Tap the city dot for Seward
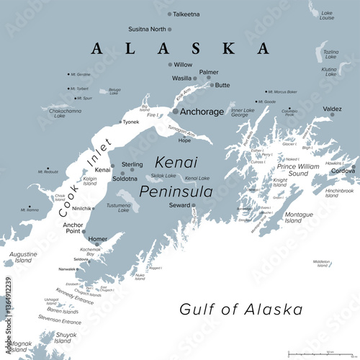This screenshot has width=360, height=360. click(x=193, y=205)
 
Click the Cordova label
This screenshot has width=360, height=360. click(x=343, y=170)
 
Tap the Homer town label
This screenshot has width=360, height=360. click(x=97, y=238)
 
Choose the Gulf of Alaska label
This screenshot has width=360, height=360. click(x=240, y=310)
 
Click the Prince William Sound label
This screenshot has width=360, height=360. click(x=297, y=170)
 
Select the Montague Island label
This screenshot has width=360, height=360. click(x=300, y=218)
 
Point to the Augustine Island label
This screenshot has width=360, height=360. click(x=22, y=258)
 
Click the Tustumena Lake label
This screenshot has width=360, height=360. click(x=117, y=207)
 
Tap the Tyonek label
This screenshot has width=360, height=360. click(x=131, y=122)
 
